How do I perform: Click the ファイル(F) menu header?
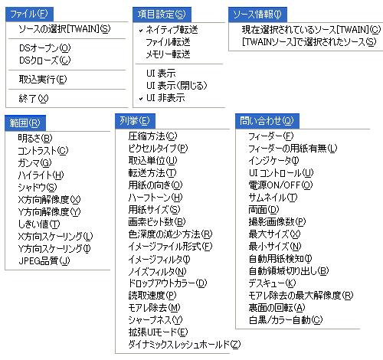(x=29, y=14)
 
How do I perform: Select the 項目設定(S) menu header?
(x=162, y=15)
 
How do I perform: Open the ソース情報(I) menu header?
(x=257, y=15)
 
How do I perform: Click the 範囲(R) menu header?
(x=25, y=123)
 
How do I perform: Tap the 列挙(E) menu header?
(x=135, y=121)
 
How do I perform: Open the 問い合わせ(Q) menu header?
(x=267, y=121)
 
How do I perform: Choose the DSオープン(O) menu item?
(x=45, y=48)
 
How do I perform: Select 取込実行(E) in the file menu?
(x=43, y=80)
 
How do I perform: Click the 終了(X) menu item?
(x=34, y=98)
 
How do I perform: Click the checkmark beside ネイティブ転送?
(x=141, y=31)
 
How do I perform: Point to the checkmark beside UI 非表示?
(x=141, y=99)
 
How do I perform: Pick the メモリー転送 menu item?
(x=168, y=54)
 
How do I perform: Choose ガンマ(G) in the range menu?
(x=34, y=162)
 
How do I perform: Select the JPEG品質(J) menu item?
(x=44, y=260)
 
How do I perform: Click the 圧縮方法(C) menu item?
(x=152, y=136)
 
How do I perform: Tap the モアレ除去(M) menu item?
(x=154, y=307)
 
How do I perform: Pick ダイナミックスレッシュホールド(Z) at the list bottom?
(x=185, y=344)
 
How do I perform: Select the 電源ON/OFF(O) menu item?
(x=280, y=185)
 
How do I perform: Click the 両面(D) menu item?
(x=264, y=209)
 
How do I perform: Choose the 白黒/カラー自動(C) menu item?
(x=286, y=319)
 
